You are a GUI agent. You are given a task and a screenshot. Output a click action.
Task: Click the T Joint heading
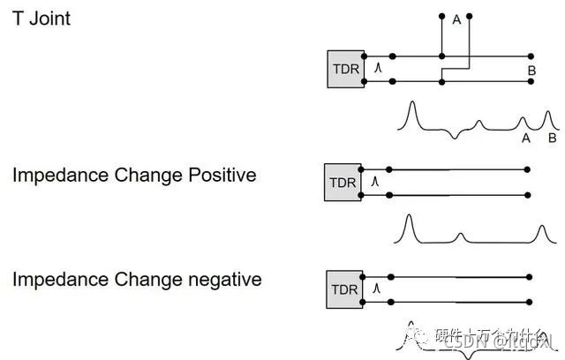coord(41,18)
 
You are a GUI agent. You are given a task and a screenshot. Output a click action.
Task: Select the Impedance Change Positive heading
coord(134,175)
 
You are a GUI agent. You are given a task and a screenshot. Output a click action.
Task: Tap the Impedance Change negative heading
coord(137,280)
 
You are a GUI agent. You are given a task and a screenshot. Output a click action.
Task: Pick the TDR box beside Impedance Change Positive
coord(342,182)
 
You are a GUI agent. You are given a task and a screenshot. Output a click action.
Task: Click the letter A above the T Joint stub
coord(456,20)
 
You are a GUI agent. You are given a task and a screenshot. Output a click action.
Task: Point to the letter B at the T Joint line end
coord(531,70)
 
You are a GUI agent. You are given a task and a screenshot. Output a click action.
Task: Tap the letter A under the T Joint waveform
coord(526,138)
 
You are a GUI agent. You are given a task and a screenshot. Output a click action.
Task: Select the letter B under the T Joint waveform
coord(552,138)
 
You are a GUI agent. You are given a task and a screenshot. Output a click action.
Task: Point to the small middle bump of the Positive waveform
coord(460,236)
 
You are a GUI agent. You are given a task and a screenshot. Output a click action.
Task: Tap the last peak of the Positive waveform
coord(541,229)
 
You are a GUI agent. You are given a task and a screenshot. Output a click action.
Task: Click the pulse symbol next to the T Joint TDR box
coord(378,67)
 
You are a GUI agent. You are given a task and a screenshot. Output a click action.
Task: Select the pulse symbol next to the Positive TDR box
coord(375,181)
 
